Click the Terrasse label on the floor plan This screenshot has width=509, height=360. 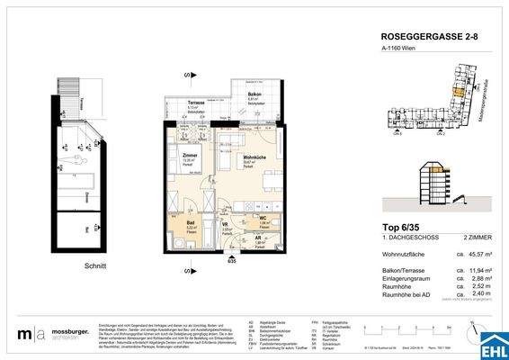point(195,104)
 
